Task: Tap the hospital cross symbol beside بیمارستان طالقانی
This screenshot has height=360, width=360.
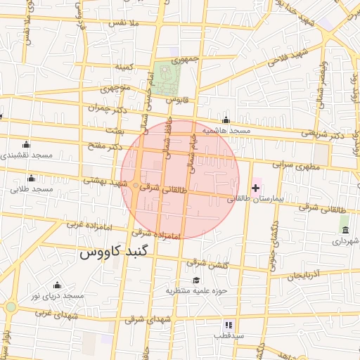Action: coord(255,188)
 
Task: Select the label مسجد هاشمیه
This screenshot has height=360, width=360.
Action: coord(226,131)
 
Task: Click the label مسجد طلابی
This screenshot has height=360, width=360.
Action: coord(32,189)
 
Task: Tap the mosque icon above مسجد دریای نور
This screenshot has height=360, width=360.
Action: coord(57,285)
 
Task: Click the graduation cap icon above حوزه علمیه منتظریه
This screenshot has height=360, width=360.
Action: coord(195,279)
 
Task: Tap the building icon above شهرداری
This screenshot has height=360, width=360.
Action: coord(345,230)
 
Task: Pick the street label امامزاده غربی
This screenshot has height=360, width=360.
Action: coord(86,225)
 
